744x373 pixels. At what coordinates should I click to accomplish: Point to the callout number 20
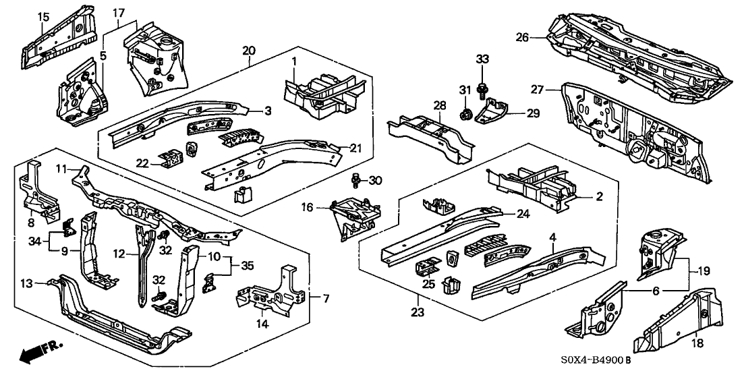249,51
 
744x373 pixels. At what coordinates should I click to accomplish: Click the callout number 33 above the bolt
482,61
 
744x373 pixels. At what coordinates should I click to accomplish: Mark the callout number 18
697,343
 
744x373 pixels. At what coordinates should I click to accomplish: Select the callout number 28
440,105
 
